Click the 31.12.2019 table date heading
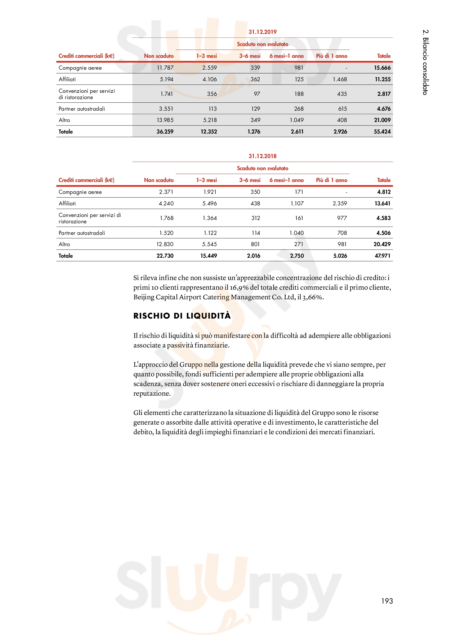pyautogui.click(x=262, y=32)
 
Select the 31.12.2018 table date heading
pyautogui.click(x=262, y=156)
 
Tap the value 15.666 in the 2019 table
pyautogui.click(x=382, y=68)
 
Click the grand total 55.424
pyautogui.click(x=382, y=132)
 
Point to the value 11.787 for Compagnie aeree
pyautogui.click(x=165, y=68)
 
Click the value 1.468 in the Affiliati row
pyautogui.click(x=340, y=79)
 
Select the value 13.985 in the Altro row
pyautogui.click(x=165, y=120)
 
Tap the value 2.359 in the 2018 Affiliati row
pyautogui.click(x=340, y=204)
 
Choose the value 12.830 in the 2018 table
pyautogui.click(x=165, y=244)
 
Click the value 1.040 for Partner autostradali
pyautogui.click(x=297, y=233)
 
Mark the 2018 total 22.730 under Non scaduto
pyautogui.click(x=165, y=256)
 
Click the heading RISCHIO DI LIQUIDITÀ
pyautogui.click(x=182, y=316)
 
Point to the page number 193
pyautogui.click(x=387, y=601)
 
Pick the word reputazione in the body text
pyautogui.click(x=152, y=393)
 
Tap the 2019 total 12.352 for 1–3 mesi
pyautogui.click(x=209, y=132)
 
